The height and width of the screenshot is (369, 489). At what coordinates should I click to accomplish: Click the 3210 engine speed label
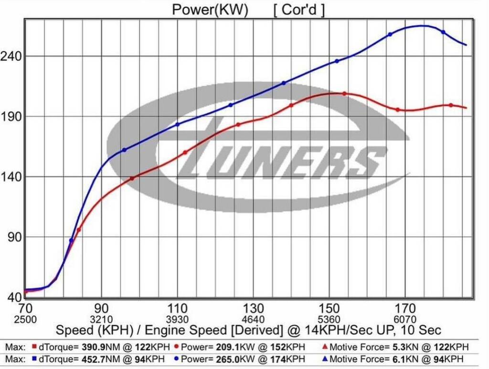101,319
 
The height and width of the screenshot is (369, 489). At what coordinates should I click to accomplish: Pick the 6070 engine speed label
405,319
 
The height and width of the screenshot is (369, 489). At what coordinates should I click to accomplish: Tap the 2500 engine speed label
25,319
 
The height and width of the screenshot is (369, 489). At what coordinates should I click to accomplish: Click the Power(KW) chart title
210,10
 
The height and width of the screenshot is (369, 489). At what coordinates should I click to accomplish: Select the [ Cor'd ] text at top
299,10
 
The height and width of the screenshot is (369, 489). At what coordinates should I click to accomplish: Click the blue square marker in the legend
34,358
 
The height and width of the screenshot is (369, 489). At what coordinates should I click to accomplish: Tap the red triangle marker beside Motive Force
325,347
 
